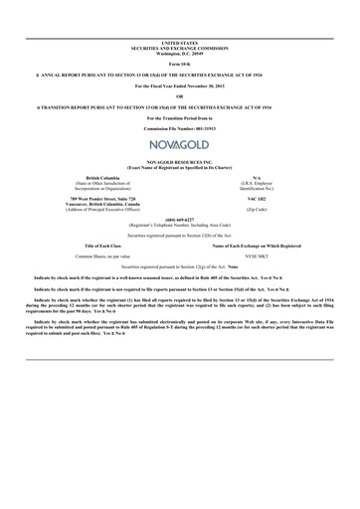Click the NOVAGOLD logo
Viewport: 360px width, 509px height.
click(179, 144)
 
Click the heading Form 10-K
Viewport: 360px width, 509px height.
click(179, 62)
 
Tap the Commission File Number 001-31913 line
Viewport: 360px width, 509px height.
click(179, 128)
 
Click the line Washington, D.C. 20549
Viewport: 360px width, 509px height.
click(179, 51)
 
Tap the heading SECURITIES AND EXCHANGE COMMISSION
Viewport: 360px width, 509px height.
click(179, 47)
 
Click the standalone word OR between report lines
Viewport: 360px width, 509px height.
click(179, 95)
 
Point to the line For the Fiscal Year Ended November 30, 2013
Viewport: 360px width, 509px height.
click(179, 85)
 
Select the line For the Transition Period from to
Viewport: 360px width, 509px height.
click(179, 117)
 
